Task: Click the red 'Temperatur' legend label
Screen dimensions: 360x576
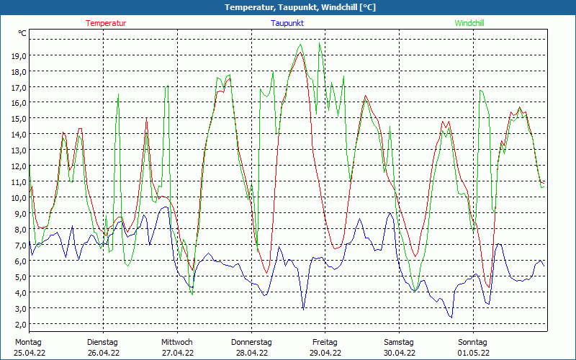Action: click(x=106, y=23)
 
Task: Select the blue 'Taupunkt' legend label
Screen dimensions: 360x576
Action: click(x=287, y=23)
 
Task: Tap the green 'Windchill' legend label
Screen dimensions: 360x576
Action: click(x=470, y=23)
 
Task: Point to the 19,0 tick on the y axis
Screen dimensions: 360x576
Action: click(x=19, y=55)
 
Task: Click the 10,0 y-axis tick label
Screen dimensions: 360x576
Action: click(x=19, y=197)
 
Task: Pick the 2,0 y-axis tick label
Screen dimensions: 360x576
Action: click(x=19, y=324)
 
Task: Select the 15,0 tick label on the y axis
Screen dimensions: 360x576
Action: click(x=19, y=119)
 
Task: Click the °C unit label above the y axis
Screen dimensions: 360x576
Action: click(x=22, y=33)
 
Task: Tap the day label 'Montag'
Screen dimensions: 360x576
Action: click(x=29, y=342)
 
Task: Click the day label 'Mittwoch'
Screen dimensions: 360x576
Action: click(x=177, y=342)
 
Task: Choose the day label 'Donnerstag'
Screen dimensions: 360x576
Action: click(x=251, y=342)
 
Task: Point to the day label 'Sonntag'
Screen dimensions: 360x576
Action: click(x=473, y=342)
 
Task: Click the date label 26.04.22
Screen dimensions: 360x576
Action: click(x=103, y=353)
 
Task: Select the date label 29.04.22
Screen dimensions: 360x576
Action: click(x=325, y=353)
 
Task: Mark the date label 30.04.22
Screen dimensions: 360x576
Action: click(x=400, y=353)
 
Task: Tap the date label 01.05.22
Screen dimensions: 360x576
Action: click(x=474, y=353)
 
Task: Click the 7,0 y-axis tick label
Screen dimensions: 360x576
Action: click(x=19, y=245)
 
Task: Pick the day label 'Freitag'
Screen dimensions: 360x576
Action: click(x=325, y=342)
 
